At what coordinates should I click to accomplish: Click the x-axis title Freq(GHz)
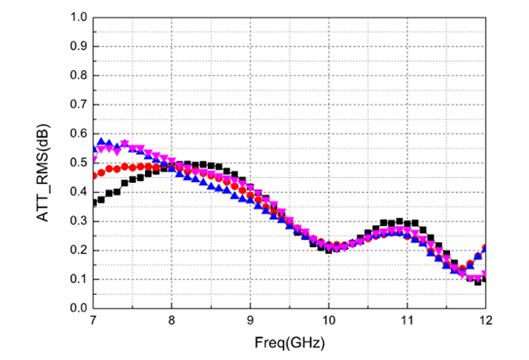(289, 344)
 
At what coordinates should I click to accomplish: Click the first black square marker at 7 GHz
(94, 202)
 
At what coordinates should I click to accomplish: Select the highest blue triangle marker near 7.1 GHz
(102, 141)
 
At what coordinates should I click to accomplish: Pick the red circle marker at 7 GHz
(94, 175)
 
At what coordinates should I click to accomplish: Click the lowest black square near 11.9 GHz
(477, 281)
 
